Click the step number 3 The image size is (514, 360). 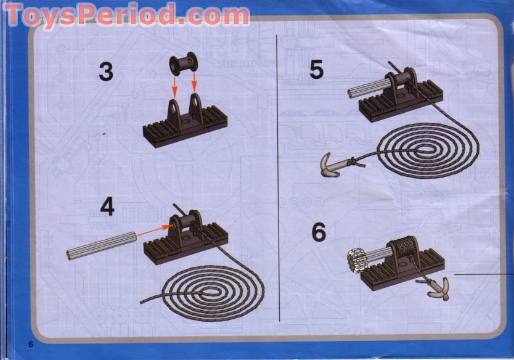(x=106, y=72)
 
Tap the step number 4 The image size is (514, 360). (x=107, y=207)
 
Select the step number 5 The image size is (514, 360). (x=316, y=70)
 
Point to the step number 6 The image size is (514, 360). (x=319, y=232)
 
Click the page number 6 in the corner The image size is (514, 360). (x=31, y=344)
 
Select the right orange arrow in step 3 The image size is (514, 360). (x=194, y=83)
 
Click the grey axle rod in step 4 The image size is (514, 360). (x=102, y=245)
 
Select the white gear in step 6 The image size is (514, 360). (x=357, y=261)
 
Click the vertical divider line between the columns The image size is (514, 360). (x=278, y=178)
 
